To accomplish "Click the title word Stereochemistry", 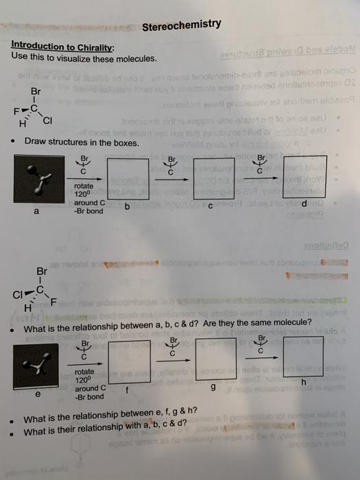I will click(182, 25).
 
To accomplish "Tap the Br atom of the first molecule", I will click(36, 91).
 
